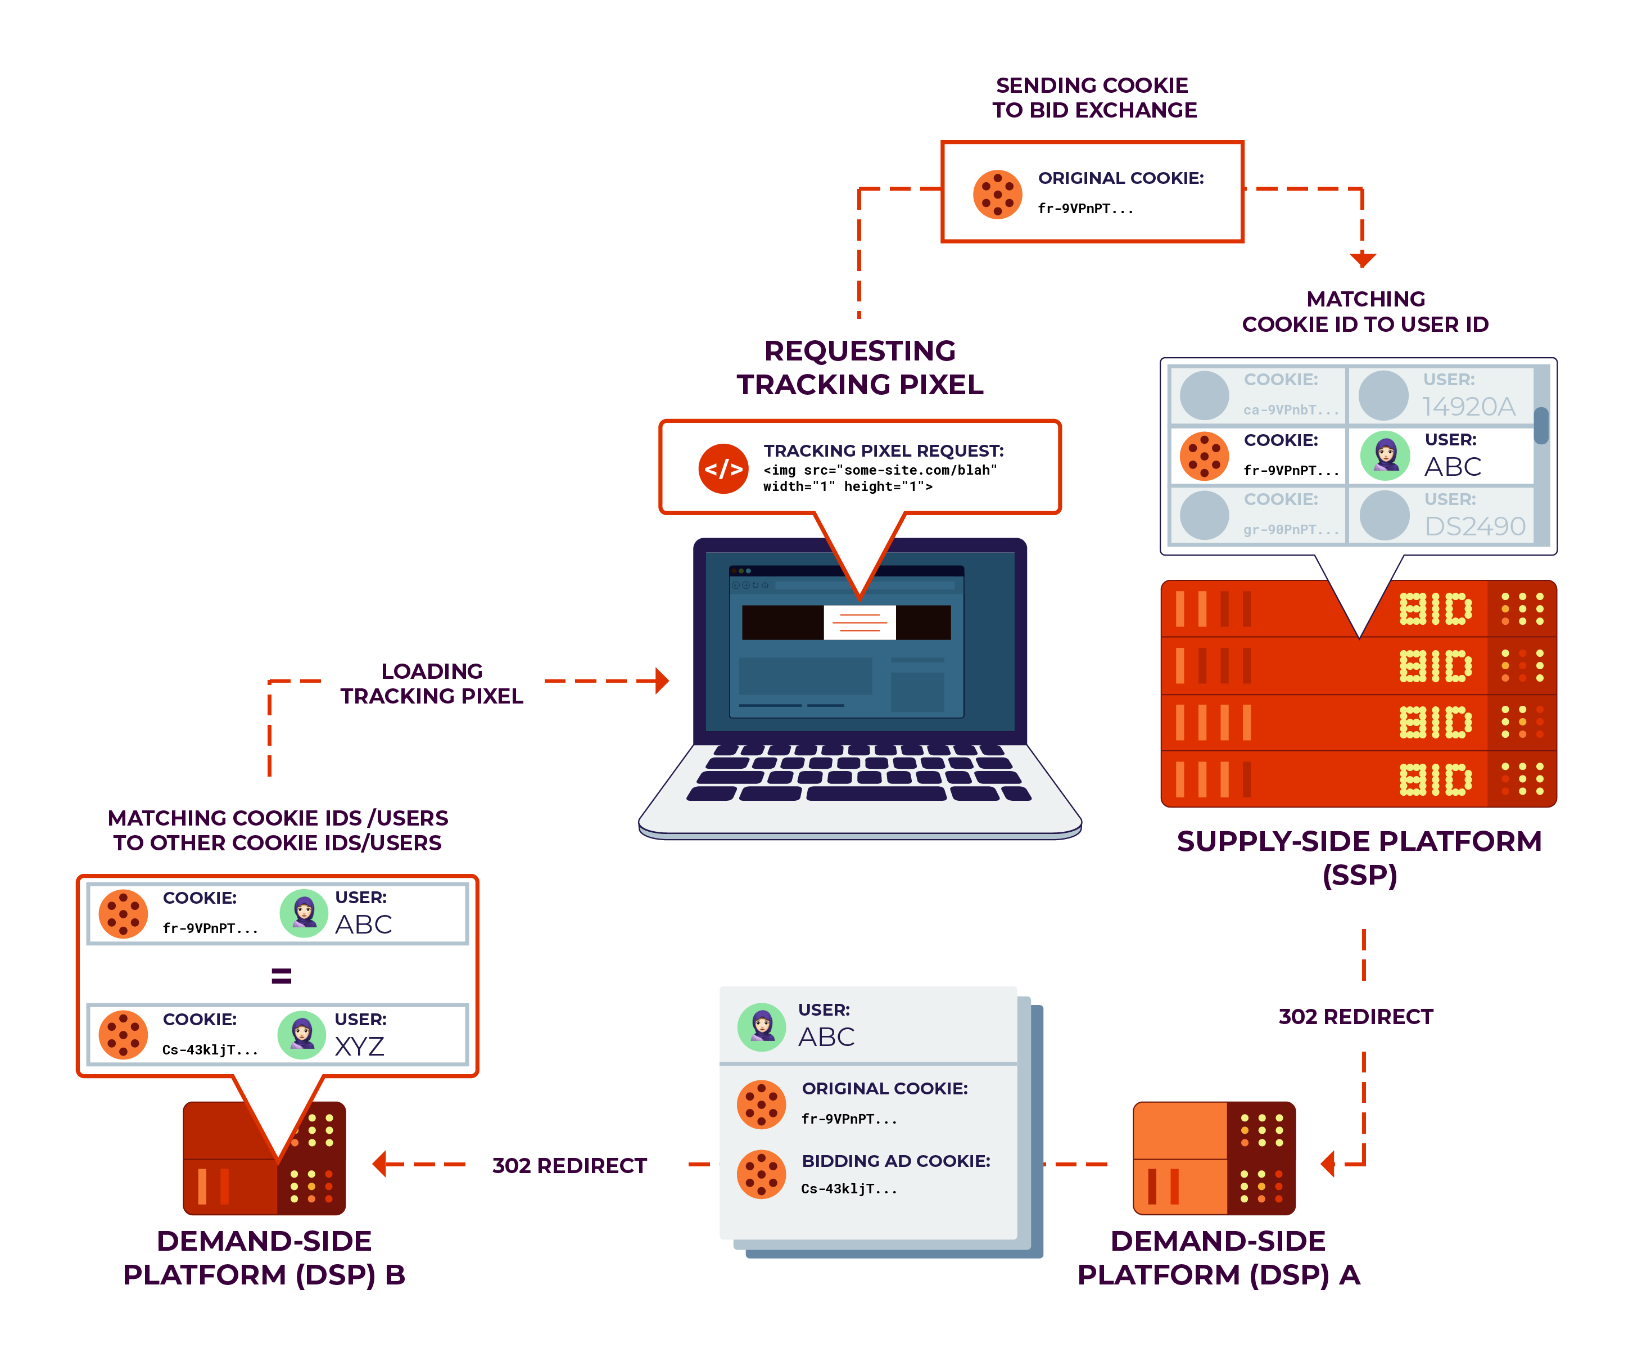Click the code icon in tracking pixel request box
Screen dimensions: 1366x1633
click(723, 469)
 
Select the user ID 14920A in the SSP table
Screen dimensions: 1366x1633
click(1468, 406)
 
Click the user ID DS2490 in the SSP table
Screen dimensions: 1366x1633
click(1474, 526)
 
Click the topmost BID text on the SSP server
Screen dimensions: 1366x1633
click(1436, 609)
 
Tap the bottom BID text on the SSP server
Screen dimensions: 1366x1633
click(1436, 779)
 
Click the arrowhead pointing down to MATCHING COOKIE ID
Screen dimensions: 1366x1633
click(1363, 259)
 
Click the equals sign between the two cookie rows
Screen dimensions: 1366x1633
click(281, 976)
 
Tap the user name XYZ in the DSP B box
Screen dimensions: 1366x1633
click(359, 1046)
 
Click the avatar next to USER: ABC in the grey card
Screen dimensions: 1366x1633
click(761, 1027)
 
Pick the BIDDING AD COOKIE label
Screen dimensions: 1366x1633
click(896, 1161)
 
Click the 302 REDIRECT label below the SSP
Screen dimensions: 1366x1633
click(1355, 1017)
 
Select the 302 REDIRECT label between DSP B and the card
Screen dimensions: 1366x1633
click(569, 1165)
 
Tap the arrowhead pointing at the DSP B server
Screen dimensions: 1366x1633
click(379, 1165)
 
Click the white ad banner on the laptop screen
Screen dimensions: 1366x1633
click(860, 623)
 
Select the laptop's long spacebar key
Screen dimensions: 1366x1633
click(876, 794)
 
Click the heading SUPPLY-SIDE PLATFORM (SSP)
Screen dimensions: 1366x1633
click(1359, 857)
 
